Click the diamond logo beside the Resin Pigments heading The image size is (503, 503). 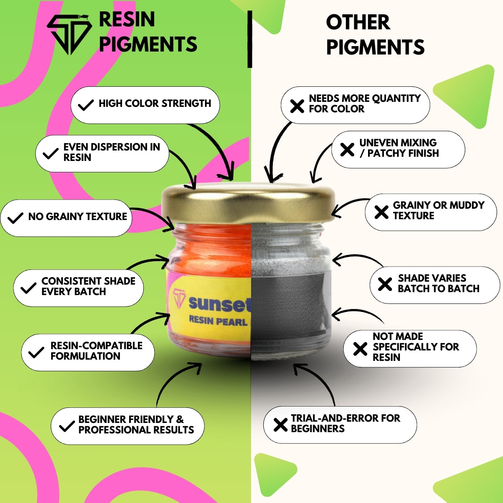70,34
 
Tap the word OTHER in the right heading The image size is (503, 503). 358,23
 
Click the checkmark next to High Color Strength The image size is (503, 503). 86,105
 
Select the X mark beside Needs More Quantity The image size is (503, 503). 297,106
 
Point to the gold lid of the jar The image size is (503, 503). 248,203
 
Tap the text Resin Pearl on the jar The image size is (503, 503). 218,321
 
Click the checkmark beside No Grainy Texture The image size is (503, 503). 16,218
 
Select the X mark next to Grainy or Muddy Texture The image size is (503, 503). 381,212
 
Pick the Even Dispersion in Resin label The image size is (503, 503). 112,152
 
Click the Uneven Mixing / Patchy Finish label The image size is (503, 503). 399,148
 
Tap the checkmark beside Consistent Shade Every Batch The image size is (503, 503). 29,288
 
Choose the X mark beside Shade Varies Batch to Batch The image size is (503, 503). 385,284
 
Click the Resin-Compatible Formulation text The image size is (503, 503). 96,351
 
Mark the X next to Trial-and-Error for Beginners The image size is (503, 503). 280,425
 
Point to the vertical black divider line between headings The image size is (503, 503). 250,39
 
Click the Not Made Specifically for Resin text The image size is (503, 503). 415,347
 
